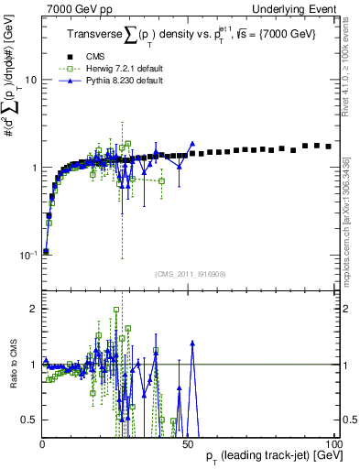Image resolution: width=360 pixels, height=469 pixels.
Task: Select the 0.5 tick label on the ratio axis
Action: [x=29, y=420]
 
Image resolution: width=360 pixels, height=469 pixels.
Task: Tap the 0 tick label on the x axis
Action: [x=43, y=443]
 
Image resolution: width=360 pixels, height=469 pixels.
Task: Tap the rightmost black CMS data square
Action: [x=329, y=146]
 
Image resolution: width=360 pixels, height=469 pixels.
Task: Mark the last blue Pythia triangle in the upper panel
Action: [x=192, y=144]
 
